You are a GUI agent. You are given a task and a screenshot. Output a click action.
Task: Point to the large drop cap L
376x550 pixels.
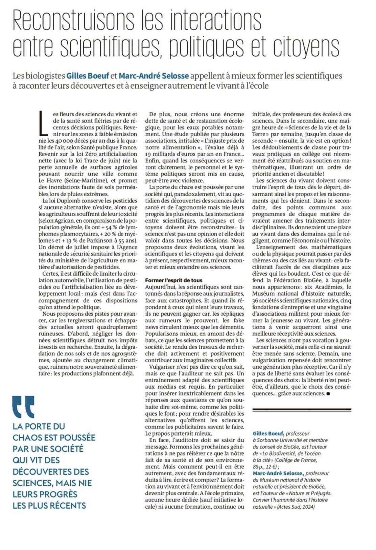point(44,122)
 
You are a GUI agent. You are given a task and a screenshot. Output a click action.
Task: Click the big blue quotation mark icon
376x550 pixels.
point(23,407)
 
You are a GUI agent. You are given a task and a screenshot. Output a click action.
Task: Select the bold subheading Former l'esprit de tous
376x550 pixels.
point(174,280)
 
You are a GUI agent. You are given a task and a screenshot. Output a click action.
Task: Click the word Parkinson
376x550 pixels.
point(104,240)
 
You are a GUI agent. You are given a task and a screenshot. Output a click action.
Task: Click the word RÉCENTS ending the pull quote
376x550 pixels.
point(69,506)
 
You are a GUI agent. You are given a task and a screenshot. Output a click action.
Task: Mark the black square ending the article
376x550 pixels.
point(328,394)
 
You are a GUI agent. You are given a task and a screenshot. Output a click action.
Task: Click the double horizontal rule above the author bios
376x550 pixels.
point(302,410)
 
